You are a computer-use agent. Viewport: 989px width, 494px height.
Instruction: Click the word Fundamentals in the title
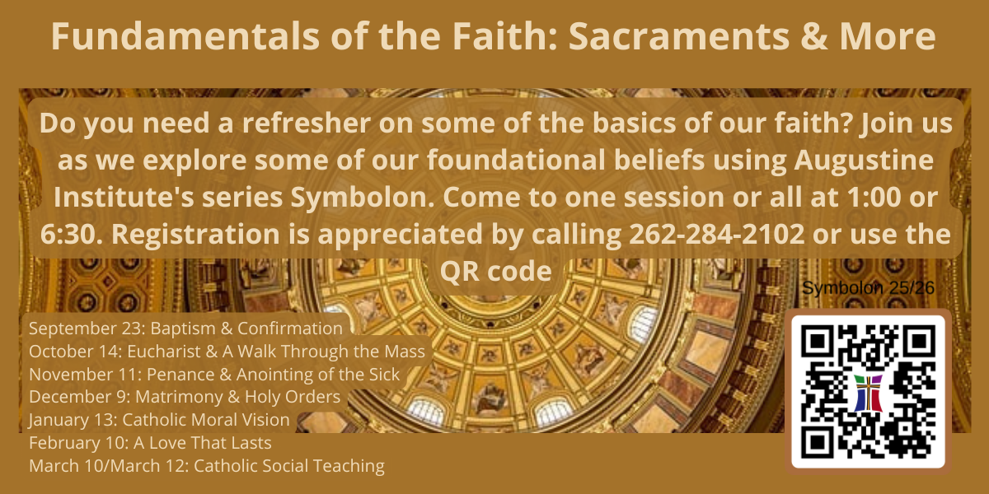(185, 36)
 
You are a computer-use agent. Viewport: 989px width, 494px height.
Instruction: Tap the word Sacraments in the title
(679, 36)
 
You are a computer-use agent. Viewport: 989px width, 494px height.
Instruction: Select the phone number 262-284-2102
(716, 234)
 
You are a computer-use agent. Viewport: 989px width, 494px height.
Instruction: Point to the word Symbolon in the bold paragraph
(363, 197)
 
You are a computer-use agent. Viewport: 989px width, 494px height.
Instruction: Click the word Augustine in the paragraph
(864, 160)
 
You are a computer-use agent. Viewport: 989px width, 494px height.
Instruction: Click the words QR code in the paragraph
(496, 271)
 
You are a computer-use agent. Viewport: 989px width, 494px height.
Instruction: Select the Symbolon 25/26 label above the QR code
(868, 288)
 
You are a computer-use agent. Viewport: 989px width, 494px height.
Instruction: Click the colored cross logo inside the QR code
(868, 393)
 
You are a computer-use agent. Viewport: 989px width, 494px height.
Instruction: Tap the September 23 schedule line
(186, 329)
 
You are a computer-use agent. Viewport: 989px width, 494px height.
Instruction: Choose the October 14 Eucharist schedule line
(227, 352)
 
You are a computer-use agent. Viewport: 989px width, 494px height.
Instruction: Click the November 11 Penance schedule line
(214, 375)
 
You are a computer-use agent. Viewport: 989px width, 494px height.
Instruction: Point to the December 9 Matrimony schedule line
(185, 397)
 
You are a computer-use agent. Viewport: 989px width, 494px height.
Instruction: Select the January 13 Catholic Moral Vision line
(159, 420)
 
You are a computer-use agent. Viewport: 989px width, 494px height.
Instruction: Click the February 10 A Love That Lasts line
(150, 443)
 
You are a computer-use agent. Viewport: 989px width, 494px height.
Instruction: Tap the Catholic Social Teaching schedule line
(207, 466)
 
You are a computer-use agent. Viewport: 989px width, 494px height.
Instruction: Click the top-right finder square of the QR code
(918, 342)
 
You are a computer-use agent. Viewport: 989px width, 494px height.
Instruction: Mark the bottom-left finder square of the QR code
(818, 442)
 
